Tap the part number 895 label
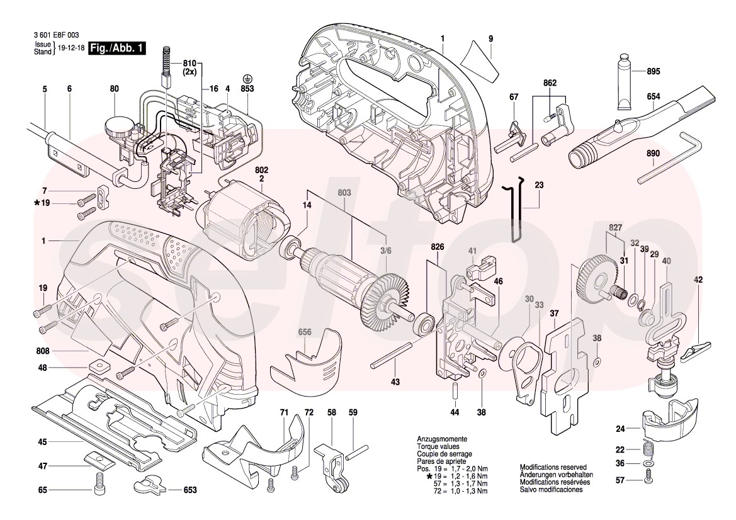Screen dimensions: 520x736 (653, 71)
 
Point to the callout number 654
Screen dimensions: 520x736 (653, 97)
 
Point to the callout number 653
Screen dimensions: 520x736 (189, 489)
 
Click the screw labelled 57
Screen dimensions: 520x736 (648, 478)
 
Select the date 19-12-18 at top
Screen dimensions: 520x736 (71, 48)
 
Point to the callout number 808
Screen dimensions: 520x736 (42, 349)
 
